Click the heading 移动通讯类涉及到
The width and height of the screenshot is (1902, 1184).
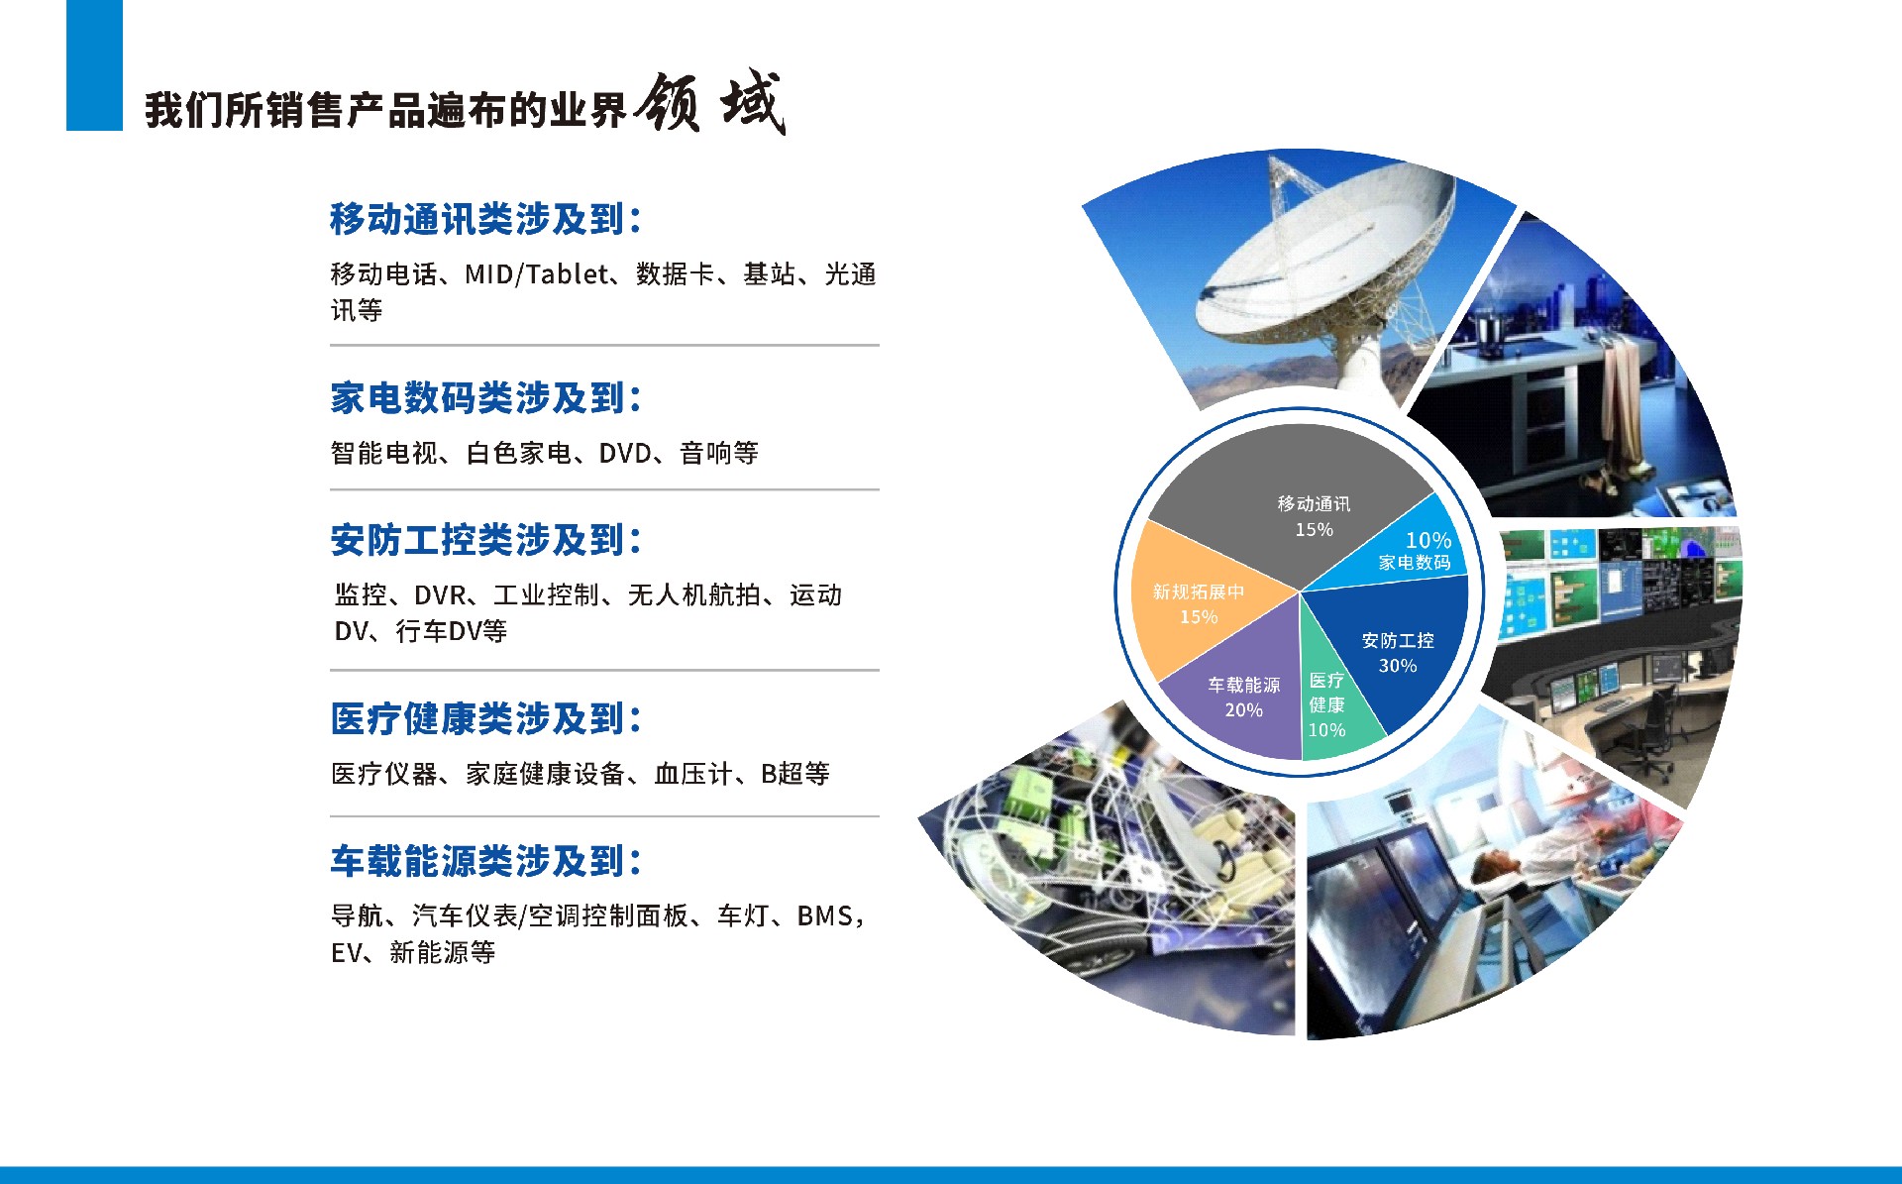pos(485,219)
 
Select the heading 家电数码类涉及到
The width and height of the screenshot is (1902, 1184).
pos(485,398)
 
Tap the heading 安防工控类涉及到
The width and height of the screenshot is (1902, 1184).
pos(485,540)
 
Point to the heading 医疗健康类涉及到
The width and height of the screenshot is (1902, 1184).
pos(485,719)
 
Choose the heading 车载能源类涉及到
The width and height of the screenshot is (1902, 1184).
pos(485,861)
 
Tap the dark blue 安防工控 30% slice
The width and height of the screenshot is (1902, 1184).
pos(1402,644)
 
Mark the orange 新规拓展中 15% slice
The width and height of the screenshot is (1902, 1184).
pos(1194,604)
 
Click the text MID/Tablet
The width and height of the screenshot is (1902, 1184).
pos(536,274)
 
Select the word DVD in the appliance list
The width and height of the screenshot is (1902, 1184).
pos(625,454)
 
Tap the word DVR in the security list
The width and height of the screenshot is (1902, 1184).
pos(440,595)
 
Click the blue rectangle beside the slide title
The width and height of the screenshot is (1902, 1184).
pos(94,64)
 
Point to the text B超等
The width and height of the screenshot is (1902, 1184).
pos(794,774)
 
